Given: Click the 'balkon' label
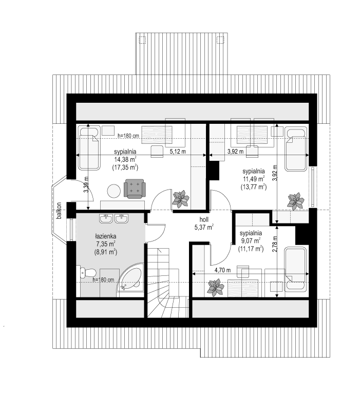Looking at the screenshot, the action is [59, 211].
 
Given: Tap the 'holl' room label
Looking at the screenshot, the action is [204, 219].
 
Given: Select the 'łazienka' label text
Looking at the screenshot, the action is [106, 236].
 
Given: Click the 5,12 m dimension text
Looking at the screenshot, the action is [178, 151].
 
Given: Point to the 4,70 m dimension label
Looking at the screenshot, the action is [223, 270].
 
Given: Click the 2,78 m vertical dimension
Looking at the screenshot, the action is [274, 244].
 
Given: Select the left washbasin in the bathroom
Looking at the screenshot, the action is [106, 218].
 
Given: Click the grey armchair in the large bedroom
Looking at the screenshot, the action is [135, 189].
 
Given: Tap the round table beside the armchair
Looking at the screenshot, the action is [113, 191].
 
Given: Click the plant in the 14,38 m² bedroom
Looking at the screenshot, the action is [181, 199].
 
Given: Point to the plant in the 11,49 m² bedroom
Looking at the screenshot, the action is [295, 201].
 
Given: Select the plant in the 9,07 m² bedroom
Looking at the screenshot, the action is [215, 288].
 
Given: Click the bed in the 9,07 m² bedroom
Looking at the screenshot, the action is [295, 269].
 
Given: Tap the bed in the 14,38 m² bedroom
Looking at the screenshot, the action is [89, 148].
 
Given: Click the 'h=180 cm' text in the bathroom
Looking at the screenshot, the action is [104, 279].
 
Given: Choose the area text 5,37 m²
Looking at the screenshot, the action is [204, 227].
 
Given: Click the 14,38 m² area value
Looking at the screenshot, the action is [125, 159].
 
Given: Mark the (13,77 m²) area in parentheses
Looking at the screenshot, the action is [253, 187].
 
